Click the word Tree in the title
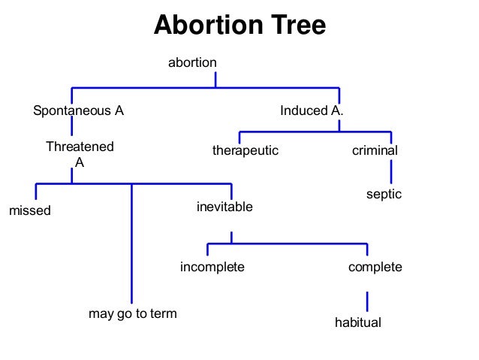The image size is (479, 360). [x=290, y=26]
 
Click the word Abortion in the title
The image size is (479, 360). [x=202, y=26]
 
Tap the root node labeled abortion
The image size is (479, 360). [x=192, y=62]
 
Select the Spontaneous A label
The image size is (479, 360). [x=78, y=110]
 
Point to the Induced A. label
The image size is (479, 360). [x=312, y=110]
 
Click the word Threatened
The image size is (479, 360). [x=80, y=147]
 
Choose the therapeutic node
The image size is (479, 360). [x=245, y=150]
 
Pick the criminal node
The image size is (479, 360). [x=375, y=150]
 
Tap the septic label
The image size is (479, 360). [x=384, y=194]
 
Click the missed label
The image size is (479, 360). [x=29, y=210]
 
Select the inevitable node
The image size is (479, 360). [x=224, y=206]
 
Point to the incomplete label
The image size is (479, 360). [x=212, y=267]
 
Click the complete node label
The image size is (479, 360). [x=375, y=267]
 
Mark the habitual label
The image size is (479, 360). [x=358, y=323]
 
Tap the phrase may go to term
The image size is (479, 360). [x=133, y=313]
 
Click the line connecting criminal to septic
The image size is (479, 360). [x=390, y=174]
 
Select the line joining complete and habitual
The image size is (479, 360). [x=367, y=301]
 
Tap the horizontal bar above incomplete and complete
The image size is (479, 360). [x=288, y=244]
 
